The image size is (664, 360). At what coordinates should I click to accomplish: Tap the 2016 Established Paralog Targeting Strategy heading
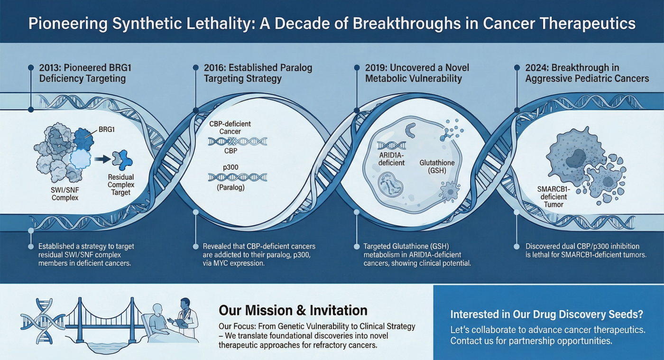[258, 73]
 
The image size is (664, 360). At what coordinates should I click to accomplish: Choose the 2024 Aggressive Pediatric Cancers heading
[587, 73]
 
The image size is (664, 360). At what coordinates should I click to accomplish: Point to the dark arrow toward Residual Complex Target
[101, 159]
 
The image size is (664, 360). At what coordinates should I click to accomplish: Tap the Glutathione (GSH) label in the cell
[436, 166]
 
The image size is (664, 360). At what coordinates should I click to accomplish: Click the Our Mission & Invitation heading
[293, 311]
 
